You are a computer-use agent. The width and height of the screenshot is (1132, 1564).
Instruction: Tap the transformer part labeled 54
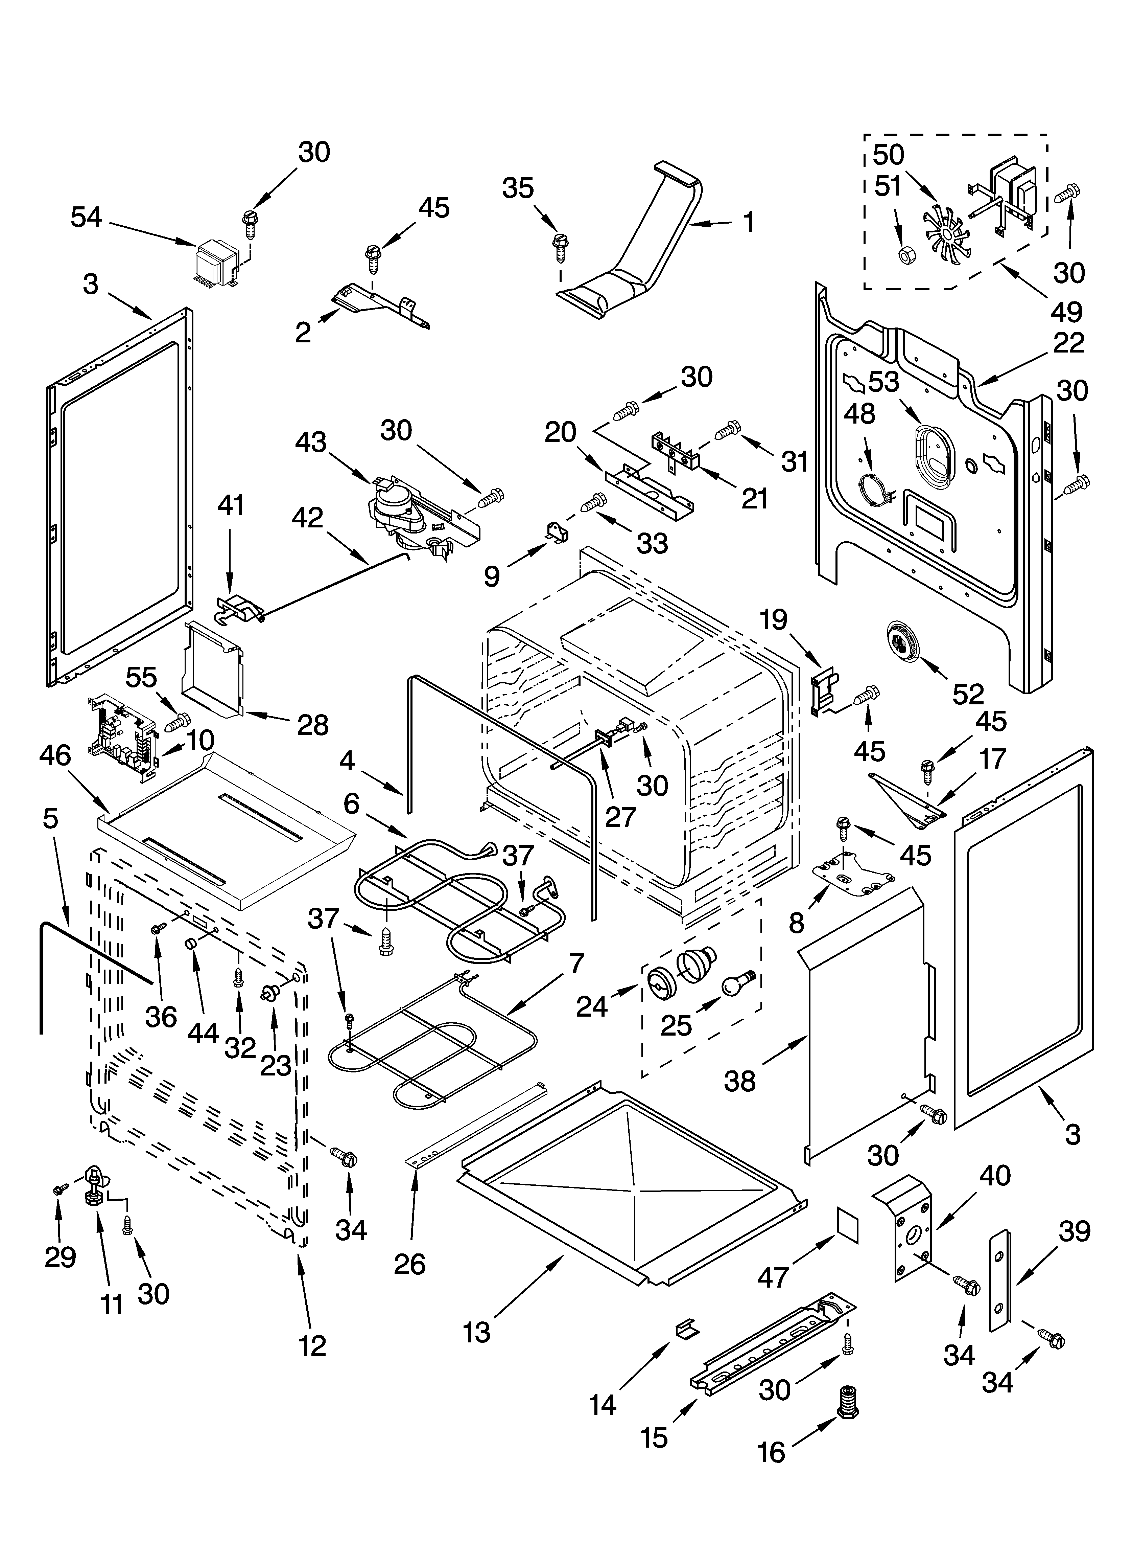click(x=216, y=263)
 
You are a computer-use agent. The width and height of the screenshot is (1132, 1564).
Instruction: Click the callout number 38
click(x=740, y=1081)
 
